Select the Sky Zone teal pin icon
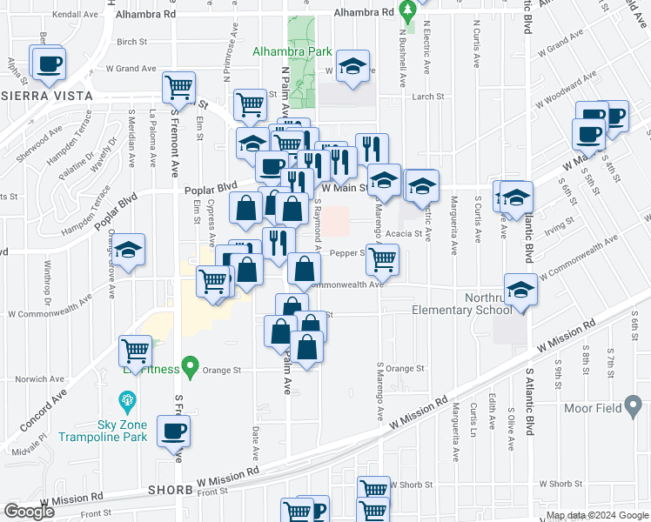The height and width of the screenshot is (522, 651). [127, 401]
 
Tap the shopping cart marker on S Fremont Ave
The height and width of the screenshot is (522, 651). [178, 87]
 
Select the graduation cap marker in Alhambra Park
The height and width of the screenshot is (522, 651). [352, 68]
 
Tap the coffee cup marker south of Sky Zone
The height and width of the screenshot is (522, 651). [172, 429]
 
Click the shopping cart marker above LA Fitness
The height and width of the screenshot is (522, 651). [136, 351]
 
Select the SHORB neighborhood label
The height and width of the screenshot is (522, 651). [170, 490]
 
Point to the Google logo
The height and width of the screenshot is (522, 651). [29, 512]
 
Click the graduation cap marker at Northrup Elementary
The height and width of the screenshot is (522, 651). [520, 289]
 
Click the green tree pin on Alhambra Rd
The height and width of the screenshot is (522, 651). [406, 11]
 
